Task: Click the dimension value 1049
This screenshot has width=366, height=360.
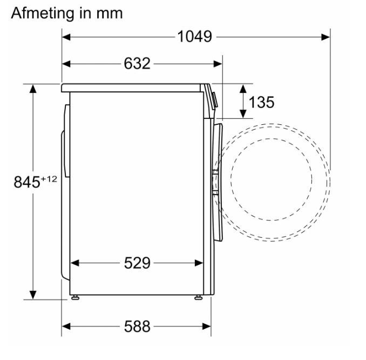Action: click(195, 37)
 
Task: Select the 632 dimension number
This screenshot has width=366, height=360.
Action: click(137, 64)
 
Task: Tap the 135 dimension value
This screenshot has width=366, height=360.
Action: click(261, 102)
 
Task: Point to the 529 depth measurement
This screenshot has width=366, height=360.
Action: click(137, 263)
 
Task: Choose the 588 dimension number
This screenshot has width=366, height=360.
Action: click(137, 326)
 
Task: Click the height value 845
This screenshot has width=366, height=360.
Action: click(27, 182)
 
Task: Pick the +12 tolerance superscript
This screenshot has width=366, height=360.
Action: click(49, 179)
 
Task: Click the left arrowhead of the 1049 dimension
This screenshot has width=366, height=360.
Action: click(66, 37)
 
